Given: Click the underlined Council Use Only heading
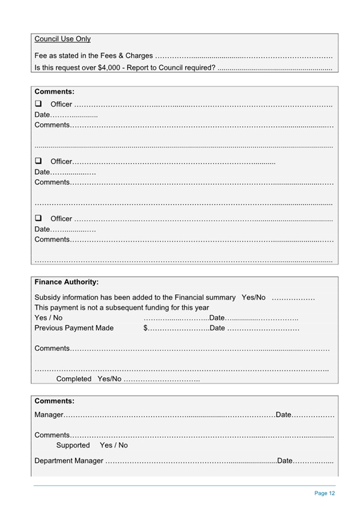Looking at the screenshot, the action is pyautogui.click(x=63, y=39).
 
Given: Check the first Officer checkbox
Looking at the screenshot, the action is pyautogui.click(x=38, y=105).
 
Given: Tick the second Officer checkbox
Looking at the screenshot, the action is pyautogui.click(x=38, y=161).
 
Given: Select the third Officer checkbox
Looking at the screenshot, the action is pyautogui.click(x=38, y=218).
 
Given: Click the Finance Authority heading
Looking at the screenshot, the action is pyautogui.click(x=67, y=281).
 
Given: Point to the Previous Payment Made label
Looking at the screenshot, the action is pyautogui.click(x=74, y=328).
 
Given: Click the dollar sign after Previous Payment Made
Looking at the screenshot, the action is pyautogui.click(x=145, y=328).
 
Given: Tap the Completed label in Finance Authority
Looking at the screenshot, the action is pyautogui.click(x=74, y=379).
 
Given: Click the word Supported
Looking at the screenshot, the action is pyautogui.click(x=73, y=445).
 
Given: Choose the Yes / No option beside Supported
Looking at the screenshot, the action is pyautogui.click(x=114, y=445).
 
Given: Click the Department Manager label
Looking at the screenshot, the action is pyautogui.click(x=69, y=461).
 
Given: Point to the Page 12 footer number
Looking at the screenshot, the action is pyautogui.click(x=325, y=493).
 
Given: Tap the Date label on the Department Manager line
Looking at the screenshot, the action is pyautogui.click(x=284, y=461).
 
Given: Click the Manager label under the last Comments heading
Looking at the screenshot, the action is pyautogui.click(x=49, y=415).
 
